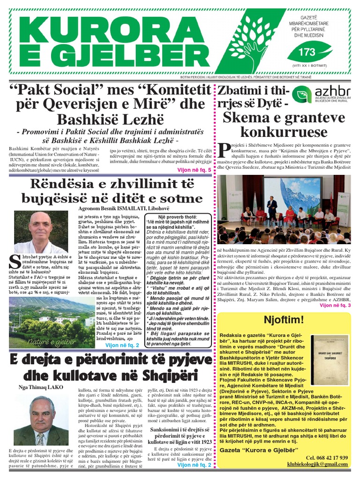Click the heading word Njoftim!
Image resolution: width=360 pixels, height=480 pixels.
tap(284, 320)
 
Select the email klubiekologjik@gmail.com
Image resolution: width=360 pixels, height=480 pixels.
tap(317, 465)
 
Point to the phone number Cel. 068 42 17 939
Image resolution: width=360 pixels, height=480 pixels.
tap(326, 457)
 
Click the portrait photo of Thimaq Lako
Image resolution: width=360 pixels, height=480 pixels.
tap(41, 420)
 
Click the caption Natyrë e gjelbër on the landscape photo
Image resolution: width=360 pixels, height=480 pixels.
tap(52, 342)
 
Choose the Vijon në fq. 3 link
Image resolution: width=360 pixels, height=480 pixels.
tap(335, 305)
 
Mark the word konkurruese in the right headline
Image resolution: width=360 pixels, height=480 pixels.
tap(285, 131)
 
